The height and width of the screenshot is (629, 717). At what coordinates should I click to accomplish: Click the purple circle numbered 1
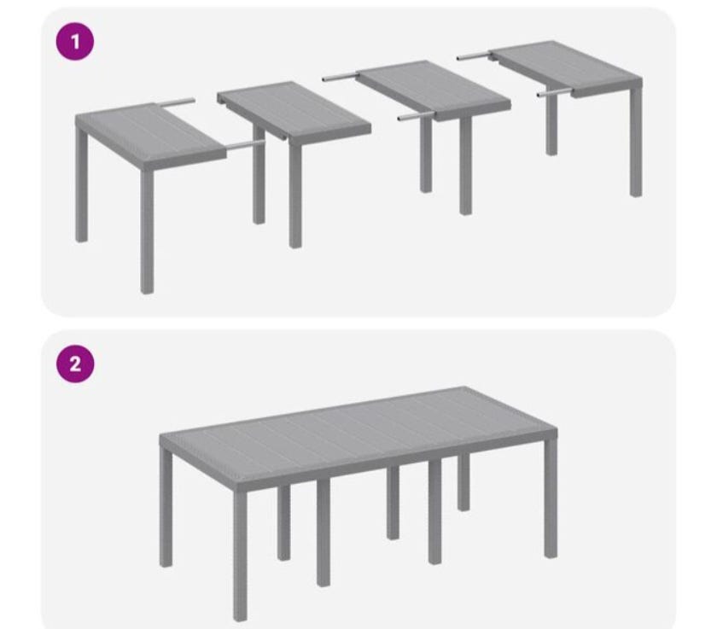click(75, 43)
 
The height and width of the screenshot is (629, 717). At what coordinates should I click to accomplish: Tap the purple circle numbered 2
click(75, 364)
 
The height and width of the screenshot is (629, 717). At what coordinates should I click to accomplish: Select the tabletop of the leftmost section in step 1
click(151, 133)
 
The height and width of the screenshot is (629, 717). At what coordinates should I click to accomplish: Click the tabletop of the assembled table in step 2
click(358, 431)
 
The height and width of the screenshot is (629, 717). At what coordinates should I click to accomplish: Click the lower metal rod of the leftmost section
click(246, 144)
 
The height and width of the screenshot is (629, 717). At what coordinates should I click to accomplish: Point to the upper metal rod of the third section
click(340, 77)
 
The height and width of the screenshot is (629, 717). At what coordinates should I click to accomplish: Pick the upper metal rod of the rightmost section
click(473, 56)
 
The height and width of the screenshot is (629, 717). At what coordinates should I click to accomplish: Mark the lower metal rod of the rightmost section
click(554, 93)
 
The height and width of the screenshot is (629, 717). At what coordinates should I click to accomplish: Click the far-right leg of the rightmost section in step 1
click(636, 142)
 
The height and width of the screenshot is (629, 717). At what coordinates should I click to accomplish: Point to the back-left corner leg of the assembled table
click(166, 508)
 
